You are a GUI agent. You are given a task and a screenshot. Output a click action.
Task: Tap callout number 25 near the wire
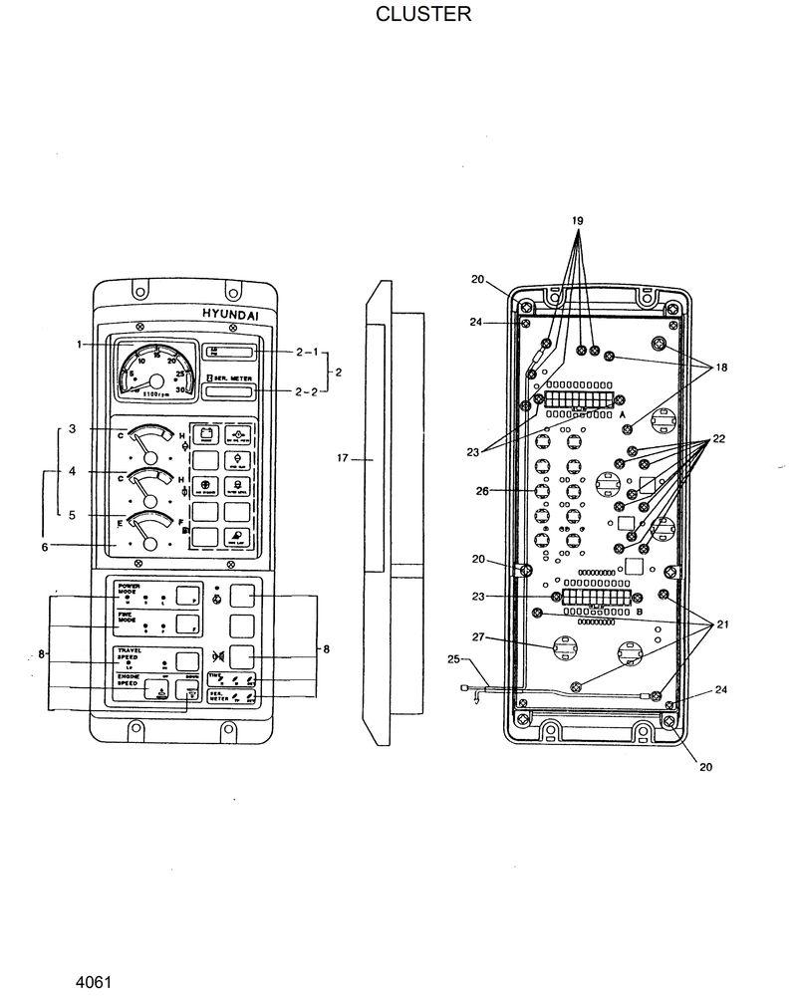coord(454,659)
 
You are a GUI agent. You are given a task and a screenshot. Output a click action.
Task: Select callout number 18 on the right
coord(720,368)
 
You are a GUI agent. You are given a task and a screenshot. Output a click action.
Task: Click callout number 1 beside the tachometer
coord(78,344)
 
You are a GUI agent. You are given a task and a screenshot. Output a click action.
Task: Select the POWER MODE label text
coord(128,589)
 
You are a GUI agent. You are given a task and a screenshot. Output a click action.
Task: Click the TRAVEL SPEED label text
coord(130,654)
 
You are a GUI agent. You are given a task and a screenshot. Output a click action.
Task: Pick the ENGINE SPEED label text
coord(128,680)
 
